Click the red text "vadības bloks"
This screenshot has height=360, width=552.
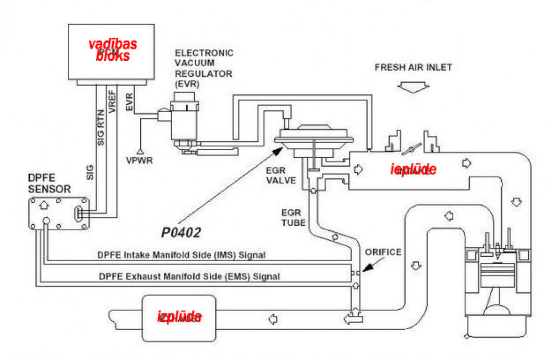pyautogui.click(x=113, y=50)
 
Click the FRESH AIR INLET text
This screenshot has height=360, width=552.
pyautogui.click(x=413, y=68)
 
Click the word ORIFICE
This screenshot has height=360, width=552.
pyautogui.click(x=383, y=252)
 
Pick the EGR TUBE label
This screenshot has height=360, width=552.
pyautogui.click(x=291, y=218)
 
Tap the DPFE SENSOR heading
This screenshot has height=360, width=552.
pyautogui.click(x=49, y=183)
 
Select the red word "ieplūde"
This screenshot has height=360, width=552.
pyautogui.click(x=413, y=170)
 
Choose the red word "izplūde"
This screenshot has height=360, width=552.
pyautogui.click(x=179, y=317)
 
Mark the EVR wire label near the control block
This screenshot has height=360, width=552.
pyautogui.click(x=129, y=103)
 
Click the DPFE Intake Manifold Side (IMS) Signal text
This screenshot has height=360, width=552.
pyautogui.click(x=182, y=255)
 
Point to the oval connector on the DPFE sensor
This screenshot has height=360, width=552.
pyautogui.click(x=79, y=214)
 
